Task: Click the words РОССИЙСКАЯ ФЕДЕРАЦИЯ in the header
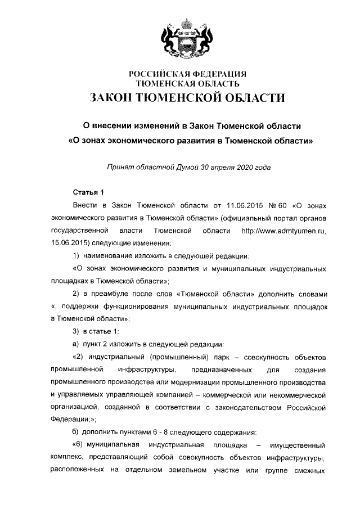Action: point(188,74)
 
